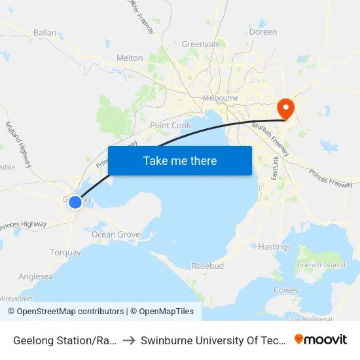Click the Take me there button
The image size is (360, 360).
point(180,160)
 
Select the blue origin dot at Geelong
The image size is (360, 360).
point(75,202)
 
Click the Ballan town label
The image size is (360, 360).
point(45,32)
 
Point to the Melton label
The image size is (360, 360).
point(130,58)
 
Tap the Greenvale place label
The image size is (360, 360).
point(200,45)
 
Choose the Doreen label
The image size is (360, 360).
point(263,31)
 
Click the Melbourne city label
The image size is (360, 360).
point(221,98)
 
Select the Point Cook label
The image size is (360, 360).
point(170,125)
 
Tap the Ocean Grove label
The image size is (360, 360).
point(116,234)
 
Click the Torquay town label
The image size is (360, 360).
point(65,253)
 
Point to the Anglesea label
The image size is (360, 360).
point(35,276)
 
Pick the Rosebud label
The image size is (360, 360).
point(207,266)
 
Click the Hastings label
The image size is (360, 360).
point(274,247)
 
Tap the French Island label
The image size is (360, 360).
point(321,264)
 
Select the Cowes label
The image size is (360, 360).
point(286,290)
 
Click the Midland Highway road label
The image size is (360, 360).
point(18,145)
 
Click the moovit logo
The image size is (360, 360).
point(321,339)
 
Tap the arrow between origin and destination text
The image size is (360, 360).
point(129,340)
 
